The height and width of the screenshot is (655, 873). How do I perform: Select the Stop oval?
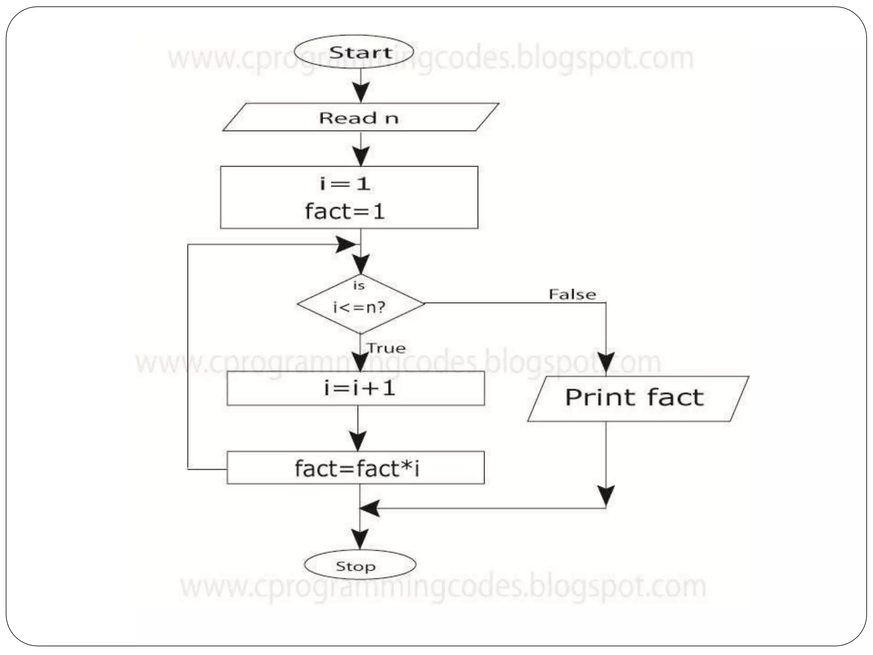coord(360,566)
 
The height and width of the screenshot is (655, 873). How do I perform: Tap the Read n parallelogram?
coord(360,117)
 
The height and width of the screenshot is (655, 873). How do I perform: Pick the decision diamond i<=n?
coord(360,304)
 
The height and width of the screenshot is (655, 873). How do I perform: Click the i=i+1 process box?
coord(356,388)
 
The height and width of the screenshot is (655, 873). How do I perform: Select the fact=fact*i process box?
coord(356,468)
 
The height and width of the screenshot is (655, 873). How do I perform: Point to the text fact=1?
coord(345,211)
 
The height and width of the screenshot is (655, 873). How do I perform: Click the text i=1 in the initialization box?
coord(345,183)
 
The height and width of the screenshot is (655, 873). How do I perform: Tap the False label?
coord(572,294)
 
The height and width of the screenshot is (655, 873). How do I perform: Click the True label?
coord(386,348)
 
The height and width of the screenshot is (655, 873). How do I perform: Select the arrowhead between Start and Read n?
coord(361,92)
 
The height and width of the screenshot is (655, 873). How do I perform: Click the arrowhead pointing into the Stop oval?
coord(360,538)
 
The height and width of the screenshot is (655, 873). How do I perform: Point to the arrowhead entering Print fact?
coord(606,365)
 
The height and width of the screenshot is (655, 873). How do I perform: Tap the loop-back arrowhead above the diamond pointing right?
coord(346,245)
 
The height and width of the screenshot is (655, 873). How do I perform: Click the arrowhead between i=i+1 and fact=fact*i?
coord(358,439)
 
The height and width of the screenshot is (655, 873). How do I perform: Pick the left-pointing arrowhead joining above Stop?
coord(370,508)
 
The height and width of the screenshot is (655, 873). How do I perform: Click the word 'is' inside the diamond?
coord(359,285)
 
